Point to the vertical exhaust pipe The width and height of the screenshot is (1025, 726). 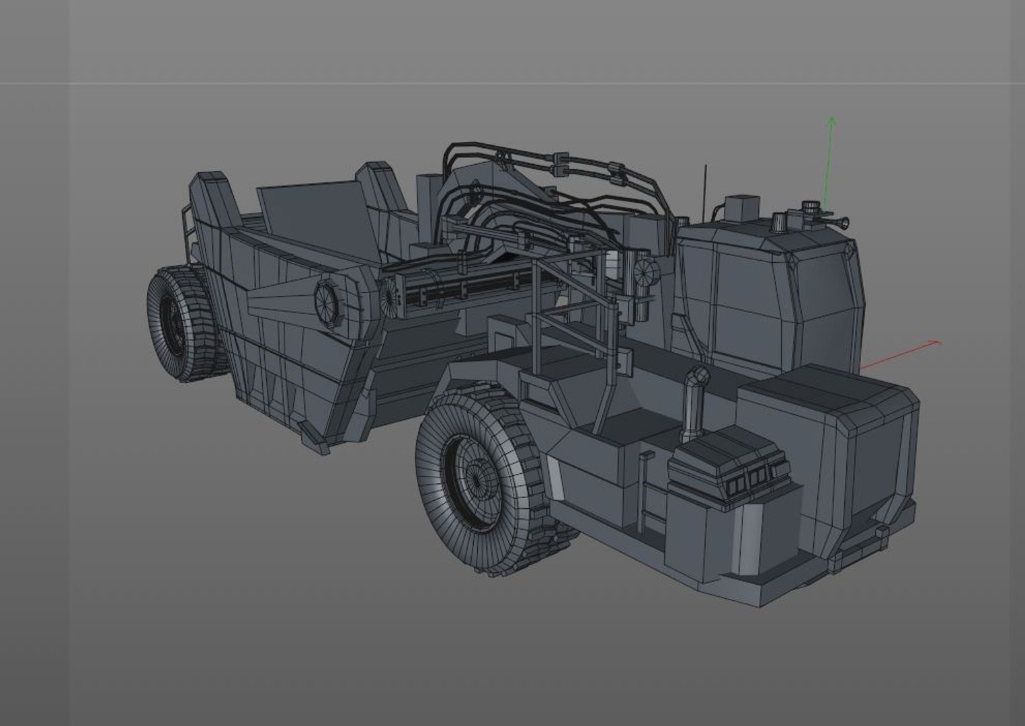[x=692, y=404]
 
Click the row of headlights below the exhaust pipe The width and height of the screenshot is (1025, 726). [x=749, y=477]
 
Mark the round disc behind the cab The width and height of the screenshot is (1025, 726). [x=646, y=272]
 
